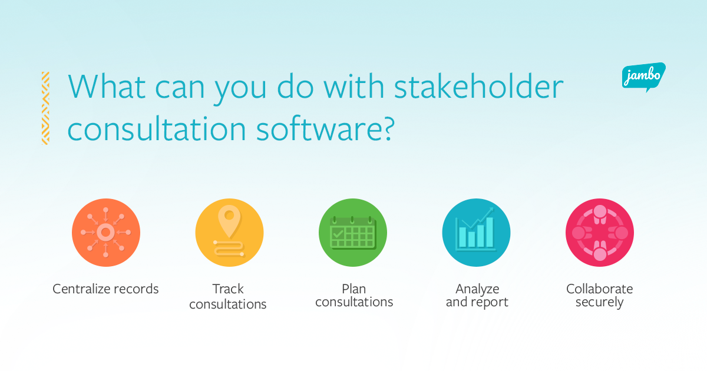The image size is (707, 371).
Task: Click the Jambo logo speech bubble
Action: click(x=644, y=77)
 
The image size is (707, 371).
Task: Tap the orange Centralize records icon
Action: click(x=106, y=233)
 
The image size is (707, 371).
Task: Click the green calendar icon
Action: click(x=353, y=233)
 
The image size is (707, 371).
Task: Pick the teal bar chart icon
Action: click(x=476, y=233)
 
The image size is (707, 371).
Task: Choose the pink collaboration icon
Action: click(x=600, y=233)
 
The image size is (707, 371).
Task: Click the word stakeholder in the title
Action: click(x=479, y=87)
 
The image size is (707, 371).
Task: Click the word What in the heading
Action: click(x=107, y=87)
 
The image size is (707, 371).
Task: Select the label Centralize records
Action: click(x=105, y=289)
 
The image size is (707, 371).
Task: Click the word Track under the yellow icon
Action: click(x=228, y=289)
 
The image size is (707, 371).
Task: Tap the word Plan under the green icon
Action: click(x=354, y=289)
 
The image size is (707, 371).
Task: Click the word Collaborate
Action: click(x=599, y=289)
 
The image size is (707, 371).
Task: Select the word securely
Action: click(x=599, y=303)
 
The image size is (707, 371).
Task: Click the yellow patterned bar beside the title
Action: click(x=45, y=108)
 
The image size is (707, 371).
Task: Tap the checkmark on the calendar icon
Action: click(x=338, y=234)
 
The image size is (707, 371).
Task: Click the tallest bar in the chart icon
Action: click(x=490, y=232)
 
